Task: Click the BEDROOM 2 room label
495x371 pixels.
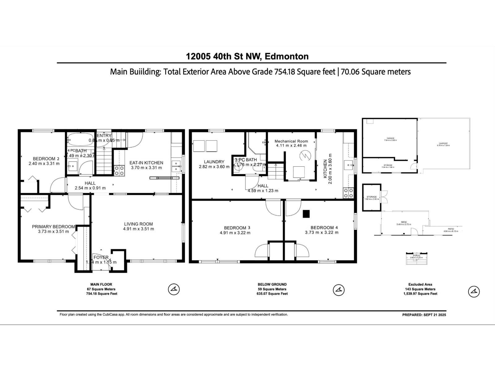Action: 44,159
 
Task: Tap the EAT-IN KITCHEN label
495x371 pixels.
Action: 146,163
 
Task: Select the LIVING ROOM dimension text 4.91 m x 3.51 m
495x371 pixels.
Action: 138,229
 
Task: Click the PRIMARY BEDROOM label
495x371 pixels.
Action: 54,227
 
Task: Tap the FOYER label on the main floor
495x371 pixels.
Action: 101,257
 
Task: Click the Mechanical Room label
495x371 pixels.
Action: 291,141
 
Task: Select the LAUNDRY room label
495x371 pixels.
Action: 214,162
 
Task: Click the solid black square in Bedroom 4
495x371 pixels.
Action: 306,214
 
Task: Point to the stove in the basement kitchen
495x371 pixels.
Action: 348,193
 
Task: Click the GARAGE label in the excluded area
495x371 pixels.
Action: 390,138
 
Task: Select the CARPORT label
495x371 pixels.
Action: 443,143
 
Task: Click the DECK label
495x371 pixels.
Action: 404,222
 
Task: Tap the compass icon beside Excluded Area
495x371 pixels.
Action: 474,291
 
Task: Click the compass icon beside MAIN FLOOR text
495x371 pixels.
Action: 174,289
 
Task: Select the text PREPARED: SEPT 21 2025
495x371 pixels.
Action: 424,315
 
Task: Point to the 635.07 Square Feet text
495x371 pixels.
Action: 272,294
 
